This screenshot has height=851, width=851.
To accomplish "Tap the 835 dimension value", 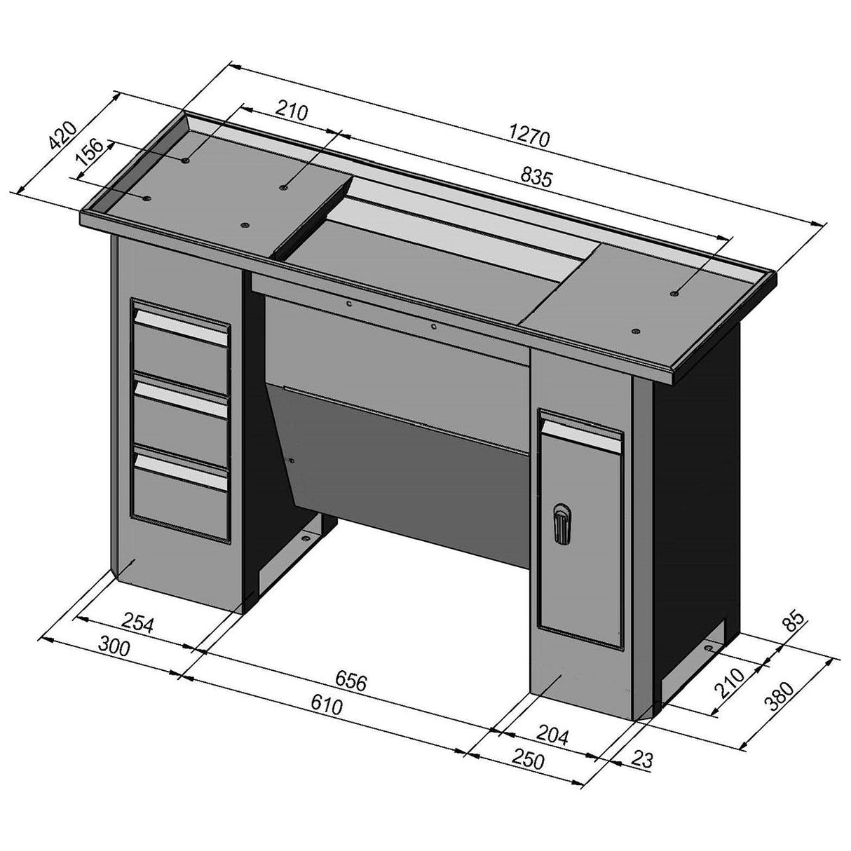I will coord(535,177).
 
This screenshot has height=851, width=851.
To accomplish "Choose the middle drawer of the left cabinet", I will coord(180,414).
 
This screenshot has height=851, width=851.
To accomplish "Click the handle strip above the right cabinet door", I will coord(580,429).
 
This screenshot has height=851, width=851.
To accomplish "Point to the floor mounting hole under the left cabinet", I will coord(306,538).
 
